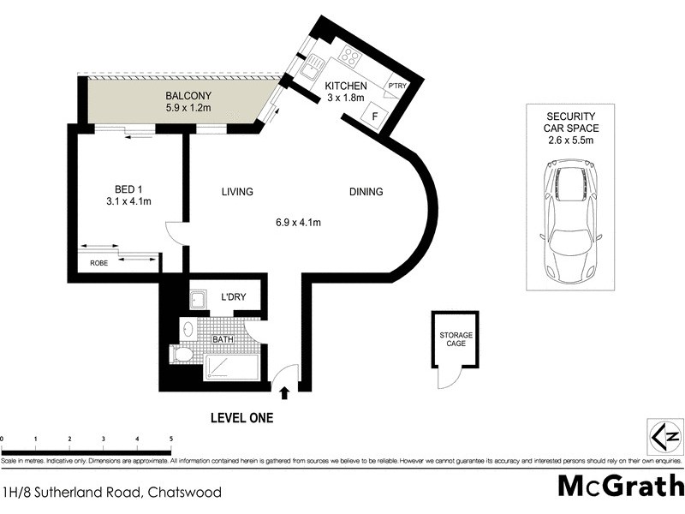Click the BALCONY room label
tap(188, 95)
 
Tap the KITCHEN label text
tap(345, 87)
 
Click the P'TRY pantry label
tap(397, 87)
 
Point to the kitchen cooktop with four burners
tap(351, 57)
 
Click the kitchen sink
tap(310, 66)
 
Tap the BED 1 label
tap(132, 189)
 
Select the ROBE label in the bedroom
tap(99, 264)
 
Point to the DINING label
tap(366, 192)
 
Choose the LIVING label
tap(236, 192)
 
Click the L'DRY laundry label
tap(233, 297)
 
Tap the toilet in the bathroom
tap(183, 354)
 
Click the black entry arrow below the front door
tap(284, 393)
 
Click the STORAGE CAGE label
tap(456, 340)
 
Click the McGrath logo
tap(621, 485)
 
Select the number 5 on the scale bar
tap(170, 438)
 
